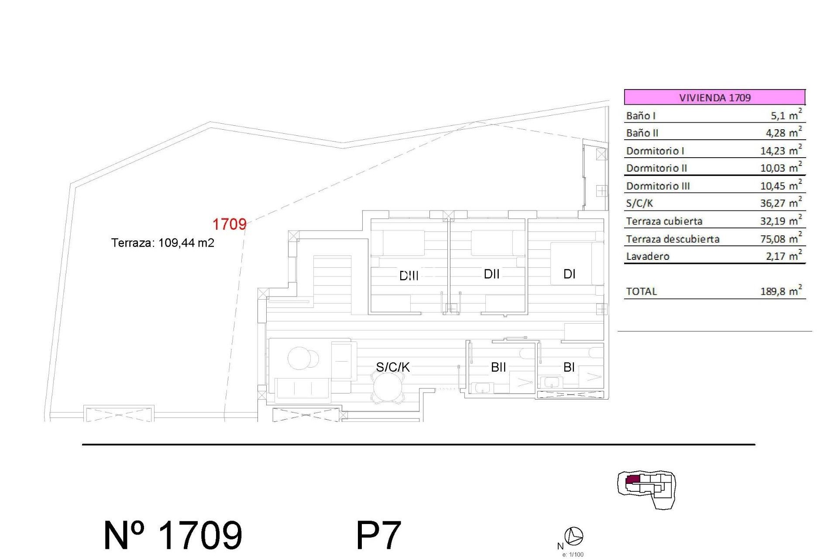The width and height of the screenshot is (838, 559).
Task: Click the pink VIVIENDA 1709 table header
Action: pos(714,97)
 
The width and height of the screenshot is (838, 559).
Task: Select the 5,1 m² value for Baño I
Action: pos(786,115)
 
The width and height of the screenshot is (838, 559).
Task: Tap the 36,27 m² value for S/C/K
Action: pos(781,203)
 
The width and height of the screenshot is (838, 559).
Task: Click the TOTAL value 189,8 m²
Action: pos(781,291)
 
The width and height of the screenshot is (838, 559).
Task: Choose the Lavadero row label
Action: pos(648,256)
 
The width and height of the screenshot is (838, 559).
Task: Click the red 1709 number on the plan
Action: pos(229,224)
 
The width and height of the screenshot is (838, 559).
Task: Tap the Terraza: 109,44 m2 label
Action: pos(163,243)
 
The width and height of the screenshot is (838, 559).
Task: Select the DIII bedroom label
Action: pos(409,276)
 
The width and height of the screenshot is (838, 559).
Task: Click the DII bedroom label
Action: pos(491,274)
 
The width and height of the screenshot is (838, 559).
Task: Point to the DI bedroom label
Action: pos(569,274)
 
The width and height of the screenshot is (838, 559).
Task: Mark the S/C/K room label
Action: pos(393,367)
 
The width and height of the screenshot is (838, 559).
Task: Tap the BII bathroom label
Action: pos(498,367)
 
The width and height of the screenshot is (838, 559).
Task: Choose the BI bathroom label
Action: pos(569,367)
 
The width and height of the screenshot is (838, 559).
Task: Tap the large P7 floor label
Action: pos(378,535)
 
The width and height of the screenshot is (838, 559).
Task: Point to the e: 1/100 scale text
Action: pos(573,555)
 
